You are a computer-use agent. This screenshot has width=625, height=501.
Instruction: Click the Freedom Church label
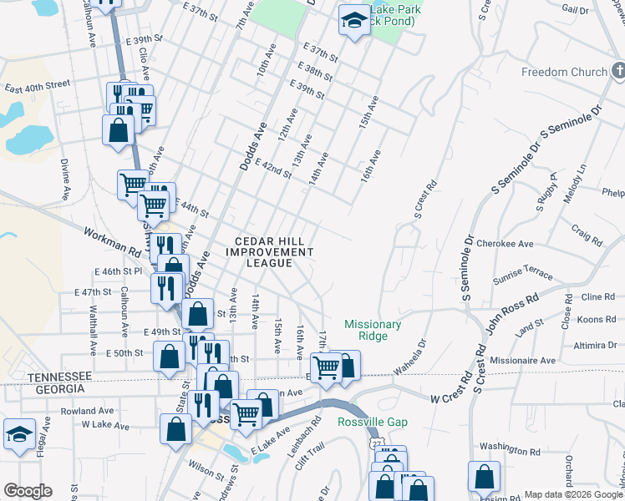click(x=564, y=72)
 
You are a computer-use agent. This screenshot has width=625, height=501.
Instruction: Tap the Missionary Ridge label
click(x=373, y=330)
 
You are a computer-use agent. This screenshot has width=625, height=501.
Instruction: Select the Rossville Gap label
click(x=373, y=422)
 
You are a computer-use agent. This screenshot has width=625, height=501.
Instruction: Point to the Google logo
click(x=28, y=491)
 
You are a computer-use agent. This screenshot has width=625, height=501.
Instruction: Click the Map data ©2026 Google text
click(x=574, y=494)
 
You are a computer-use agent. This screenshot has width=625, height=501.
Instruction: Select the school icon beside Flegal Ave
click(x=19, y=434)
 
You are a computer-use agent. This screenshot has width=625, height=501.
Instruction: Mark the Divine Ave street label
click(x=64, y=175)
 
